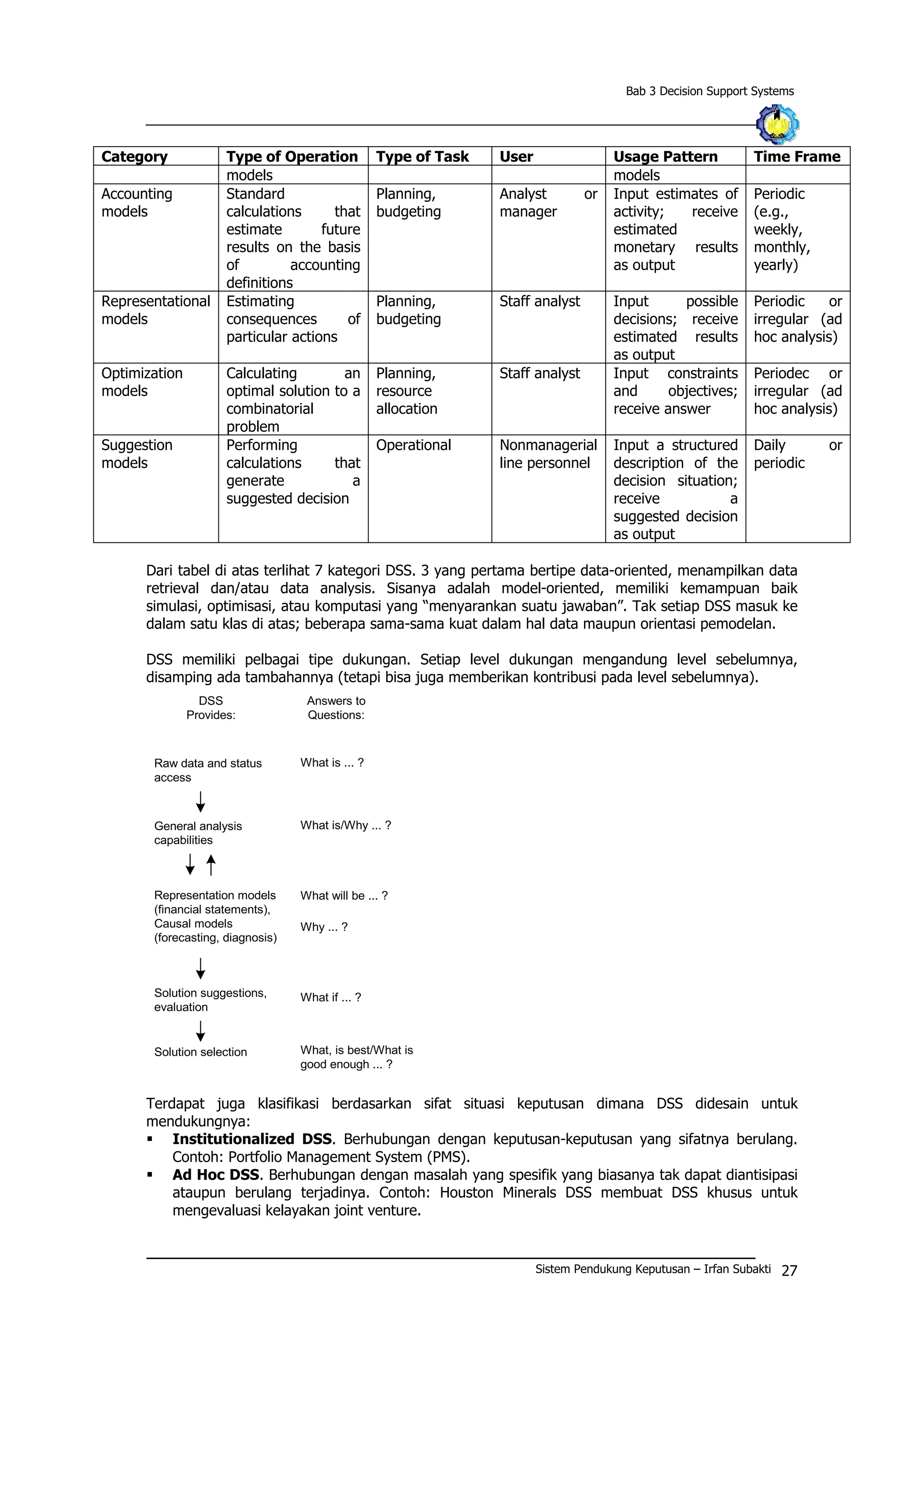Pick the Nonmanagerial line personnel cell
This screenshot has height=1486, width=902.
(x=547, y=454)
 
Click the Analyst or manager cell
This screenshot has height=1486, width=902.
(x=547, y=203)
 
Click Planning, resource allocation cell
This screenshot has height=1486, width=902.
(x=407, y=391)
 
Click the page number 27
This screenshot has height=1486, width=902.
(x=789, y=1271)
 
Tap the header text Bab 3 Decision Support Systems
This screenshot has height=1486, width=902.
(x=709, y=91)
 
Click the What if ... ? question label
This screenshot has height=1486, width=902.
(x=330, y=997)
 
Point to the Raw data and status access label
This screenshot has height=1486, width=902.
(x=207, y=770)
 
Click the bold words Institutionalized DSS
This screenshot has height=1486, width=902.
(x=251, y=1139)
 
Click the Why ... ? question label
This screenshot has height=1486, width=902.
(x=324, y=927)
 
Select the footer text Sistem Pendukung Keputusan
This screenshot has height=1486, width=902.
(x=612, y=1269)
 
